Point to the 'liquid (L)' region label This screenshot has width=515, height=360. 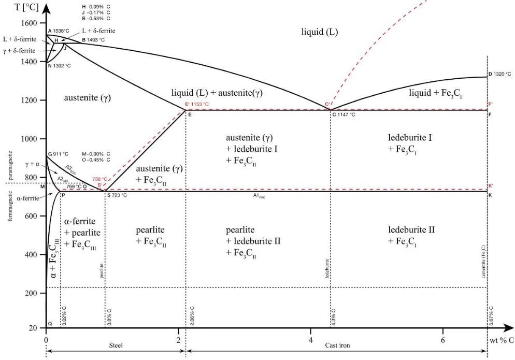[319, 32]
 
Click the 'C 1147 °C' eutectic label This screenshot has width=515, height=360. [344, 114]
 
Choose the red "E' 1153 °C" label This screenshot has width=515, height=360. [197, 105]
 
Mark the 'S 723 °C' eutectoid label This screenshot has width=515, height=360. [117, 195]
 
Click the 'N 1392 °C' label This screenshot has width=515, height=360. [59, 66]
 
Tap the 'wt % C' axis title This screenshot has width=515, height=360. [502, 340]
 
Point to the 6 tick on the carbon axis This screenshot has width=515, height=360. [443, 340]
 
